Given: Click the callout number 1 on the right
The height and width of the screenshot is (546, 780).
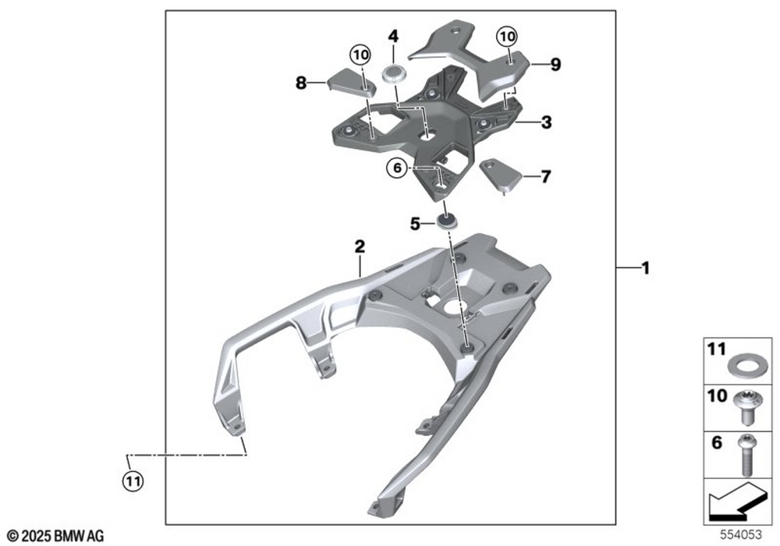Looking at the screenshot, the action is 645,268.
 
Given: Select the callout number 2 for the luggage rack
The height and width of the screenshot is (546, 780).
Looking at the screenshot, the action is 360,246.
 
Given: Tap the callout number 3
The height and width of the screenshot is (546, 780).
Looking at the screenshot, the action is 546,122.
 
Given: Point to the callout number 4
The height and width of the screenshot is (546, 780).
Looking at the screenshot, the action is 393,37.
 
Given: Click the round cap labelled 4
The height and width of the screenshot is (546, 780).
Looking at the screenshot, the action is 393,75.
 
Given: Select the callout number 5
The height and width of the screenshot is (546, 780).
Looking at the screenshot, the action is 416,225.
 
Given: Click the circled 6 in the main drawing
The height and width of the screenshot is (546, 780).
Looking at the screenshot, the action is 397,168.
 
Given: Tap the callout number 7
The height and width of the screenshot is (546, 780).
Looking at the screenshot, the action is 546,176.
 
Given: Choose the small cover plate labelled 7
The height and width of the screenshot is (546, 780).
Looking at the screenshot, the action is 501,175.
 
